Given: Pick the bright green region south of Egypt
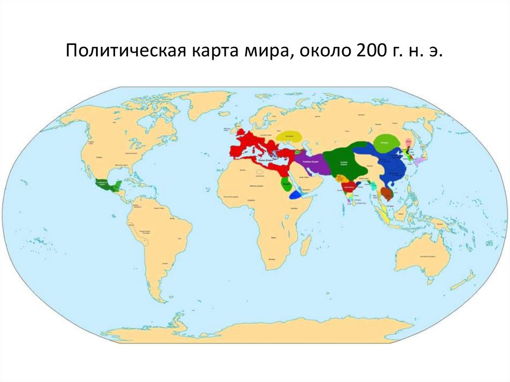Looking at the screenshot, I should tap(286, 184).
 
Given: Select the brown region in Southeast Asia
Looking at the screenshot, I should tap(386, 193).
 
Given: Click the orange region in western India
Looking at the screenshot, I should tap(341, 178).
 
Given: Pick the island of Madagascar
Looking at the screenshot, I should tap(306, 245).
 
